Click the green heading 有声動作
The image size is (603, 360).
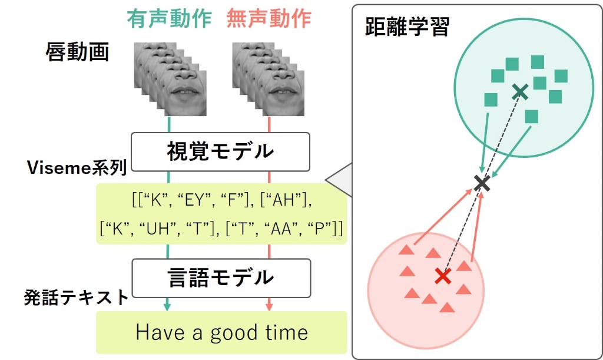tap(169, 18)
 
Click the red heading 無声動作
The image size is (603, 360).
tap(269, 18)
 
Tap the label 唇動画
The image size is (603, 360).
tap(77, 52)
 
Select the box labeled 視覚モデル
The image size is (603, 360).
tap(220, 152)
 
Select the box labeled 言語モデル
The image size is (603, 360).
tap(221, 278)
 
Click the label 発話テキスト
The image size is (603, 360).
tap(76, 298)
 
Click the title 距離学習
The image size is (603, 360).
tap(407, 27)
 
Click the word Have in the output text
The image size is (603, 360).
tap(160, 332)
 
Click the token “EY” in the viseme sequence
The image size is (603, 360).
tap(194, 200)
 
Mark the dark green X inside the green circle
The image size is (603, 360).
tap(520, 91)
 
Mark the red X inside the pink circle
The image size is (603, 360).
tap(443, 276)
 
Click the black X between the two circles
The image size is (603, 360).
tap(482, 183)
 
